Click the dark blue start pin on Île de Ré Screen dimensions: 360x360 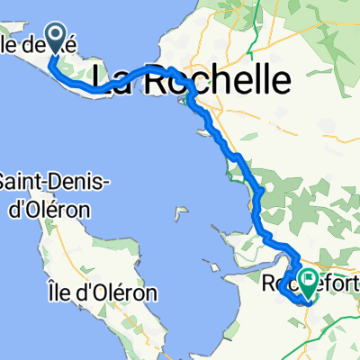tap(55, 38)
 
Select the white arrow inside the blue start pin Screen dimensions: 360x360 tap(55, 36)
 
